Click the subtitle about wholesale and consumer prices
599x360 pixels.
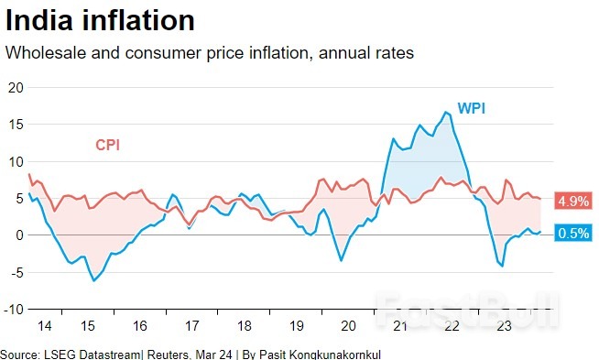tap(210, 53)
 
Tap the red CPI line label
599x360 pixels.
tap(107, 145)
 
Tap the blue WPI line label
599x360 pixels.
tap(471, 109)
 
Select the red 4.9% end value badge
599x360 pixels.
tap(573, 201)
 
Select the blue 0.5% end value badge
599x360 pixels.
tap(573, 234)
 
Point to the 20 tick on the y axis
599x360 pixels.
tap(14, 88)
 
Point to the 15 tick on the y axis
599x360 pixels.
tap(14, 125)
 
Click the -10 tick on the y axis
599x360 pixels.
tap(12, 309)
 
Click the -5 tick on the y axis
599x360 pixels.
tap(15, 272)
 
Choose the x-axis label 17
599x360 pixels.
tap(193, 325)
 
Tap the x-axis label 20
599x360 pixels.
tap(347, 325)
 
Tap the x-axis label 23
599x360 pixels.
tap(501, 325)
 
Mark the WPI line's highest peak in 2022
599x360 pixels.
tap(446, 112)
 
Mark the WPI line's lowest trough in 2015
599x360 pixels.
tap(93, 280)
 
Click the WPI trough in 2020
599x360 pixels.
tap(342, 261)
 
